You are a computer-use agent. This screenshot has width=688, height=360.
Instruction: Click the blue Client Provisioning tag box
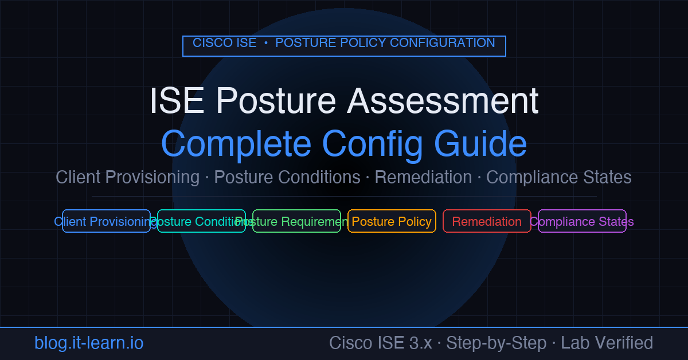(x=106, y=221)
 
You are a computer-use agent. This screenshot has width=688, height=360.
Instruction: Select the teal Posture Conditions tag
(x=201, y=221)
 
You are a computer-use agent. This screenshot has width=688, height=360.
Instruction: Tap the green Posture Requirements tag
(x=296, y=221)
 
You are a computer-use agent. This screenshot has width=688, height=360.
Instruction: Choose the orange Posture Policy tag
(x=392, y=221)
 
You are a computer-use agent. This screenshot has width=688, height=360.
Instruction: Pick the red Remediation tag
(x=487, y=221)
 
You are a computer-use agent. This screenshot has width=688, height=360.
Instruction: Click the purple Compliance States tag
(x=582, y=221)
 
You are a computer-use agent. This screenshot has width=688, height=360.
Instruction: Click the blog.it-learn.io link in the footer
(x=89, y=343)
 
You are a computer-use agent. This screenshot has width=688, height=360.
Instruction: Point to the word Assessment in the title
(x=443, y=101)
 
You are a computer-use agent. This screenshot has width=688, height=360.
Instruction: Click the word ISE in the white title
(x=177, y=101)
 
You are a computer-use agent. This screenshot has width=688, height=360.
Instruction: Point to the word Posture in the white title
(x=276, y=101)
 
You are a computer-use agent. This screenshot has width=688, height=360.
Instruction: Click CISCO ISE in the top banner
(x=224, y=43)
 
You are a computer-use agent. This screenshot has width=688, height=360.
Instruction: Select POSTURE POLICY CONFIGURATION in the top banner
(x=385, y=43)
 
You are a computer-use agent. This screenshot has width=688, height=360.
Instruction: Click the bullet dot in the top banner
(x=266, y=44)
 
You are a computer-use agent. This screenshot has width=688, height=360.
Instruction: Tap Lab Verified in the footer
(x=607, y=343)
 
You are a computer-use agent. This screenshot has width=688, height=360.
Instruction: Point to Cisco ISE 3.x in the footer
(x=380, y=343)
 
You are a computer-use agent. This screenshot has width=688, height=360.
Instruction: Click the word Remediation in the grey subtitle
(x=423, y=177)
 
